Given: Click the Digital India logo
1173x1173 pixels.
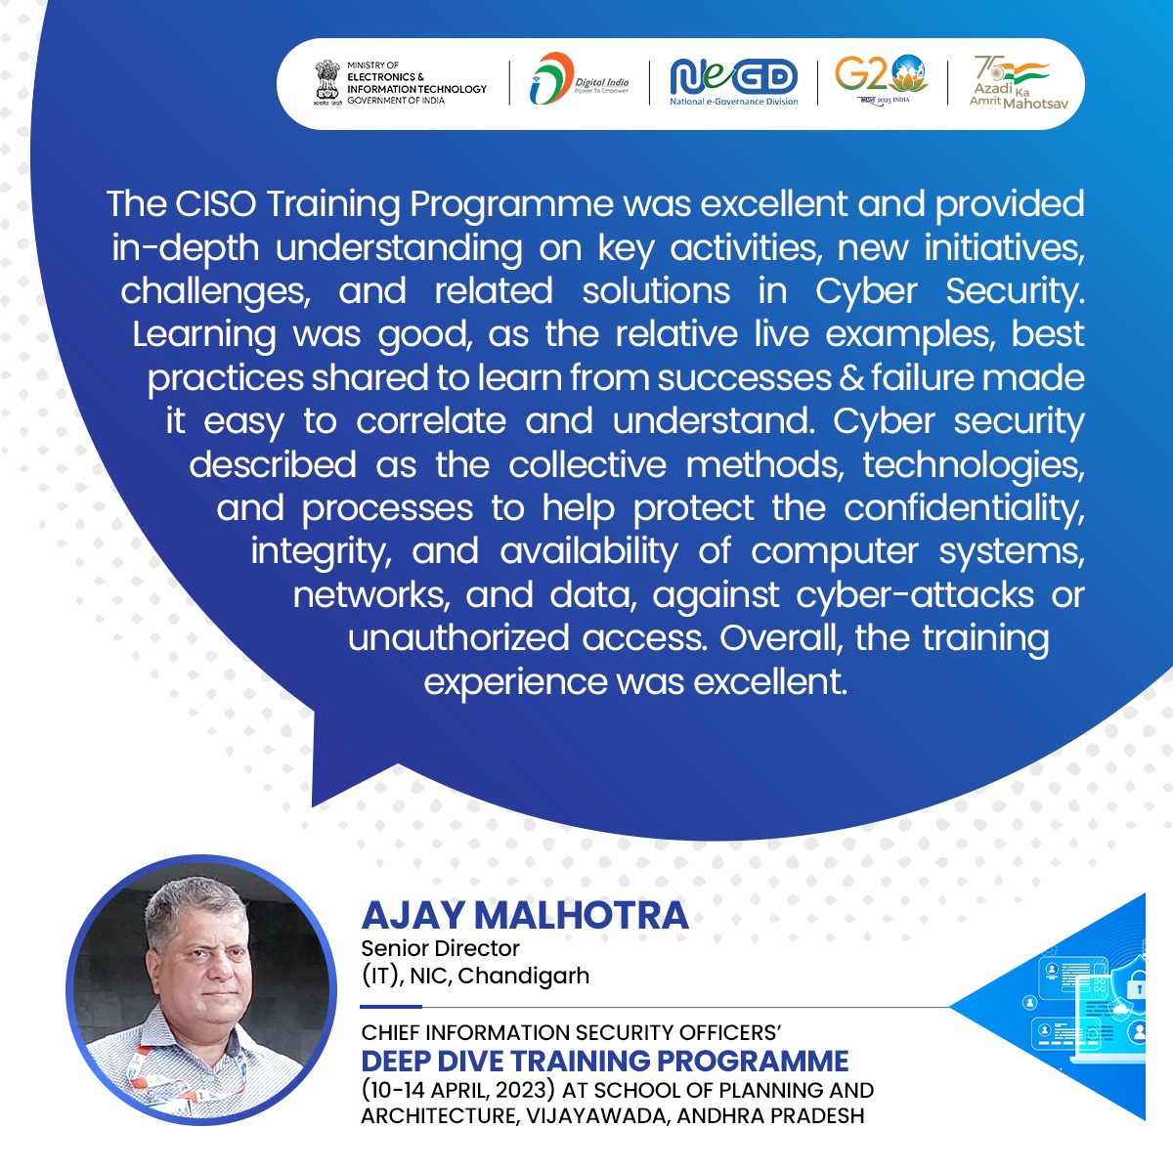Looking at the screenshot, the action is pos(579,78).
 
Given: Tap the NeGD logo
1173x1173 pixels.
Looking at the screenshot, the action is pos(733,81).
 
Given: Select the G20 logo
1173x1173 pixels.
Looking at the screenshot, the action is pos(882,79).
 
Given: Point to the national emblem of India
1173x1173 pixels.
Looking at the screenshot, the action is pos(326,83).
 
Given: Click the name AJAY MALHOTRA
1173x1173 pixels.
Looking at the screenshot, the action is pos(525,916).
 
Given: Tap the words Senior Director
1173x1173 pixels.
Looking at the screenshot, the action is pos(440,948).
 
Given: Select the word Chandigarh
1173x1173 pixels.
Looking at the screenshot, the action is pos(524,976).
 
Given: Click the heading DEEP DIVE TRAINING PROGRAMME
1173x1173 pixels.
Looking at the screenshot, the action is pos(604,1061).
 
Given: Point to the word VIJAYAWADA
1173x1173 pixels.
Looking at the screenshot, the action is pos(598,1116).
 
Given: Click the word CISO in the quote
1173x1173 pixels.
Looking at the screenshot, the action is pos(216,203).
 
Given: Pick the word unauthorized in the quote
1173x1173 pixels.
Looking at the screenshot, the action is pos(458,638).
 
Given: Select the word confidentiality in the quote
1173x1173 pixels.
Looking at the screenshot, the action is pos(964,508).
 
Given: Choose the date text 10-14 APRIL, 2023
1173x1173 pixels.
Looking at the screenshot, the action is pos(457,1090).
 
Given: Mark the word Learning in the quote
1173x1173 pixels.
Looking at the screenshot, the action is pos(204,335).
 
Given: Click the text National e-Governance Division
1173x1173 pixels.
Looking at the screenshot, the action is pos(733,102).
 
